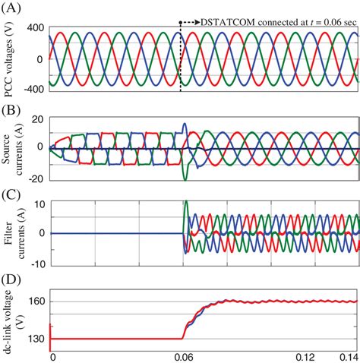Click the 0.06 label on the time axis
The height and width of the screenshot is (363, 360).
click(x=183, y=355)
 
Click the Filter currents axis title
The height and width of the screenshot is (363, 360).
click(x=11, y=232)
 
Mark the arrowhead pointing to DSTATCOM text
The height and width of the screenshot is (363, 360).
click(x=198, y=24)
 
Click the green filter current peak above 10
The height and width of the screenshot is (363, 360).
click(x=186, y=202)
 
